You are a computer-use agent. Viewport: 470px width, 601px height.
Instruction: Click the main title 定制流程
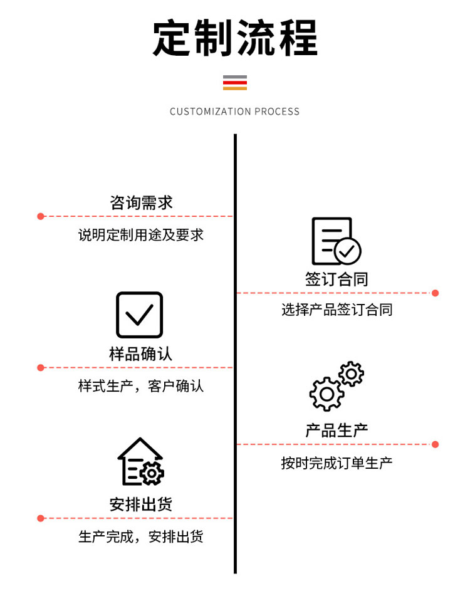click(x=235, y=38)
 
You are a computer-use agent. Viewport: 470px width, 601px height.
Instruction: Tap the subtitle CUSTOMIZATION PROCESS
click(x=234, y=112)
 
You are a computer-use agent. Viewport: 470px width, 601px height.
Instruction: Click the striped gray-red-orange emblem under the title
click(x=235, y=83)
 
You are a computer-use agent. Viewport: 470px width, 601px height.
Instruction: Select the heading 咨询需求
click(x=141, y=203)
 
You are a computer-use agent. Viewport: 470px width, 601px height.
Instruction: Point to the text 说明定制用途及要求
click(x=141, y=235)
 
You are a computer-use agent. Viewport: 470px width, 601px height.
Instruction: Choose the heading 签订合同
click(x=337, y=279)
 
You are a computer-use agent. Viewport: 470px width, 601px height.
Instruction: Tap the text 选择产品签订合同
click(x=337, y=310)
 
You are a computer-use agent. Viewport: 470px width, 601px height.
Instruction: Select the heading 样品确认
click(x=141, y=354)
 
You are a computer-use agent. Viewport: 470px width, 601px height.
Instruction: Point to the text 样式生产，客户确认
click(x=141, y=386)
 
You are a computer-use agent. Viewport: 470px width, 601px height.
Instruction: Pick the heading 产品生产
click(x=337, y=431)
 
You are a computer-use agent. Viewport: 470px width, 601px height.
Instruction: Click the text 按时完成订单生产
click(x=337, y=463)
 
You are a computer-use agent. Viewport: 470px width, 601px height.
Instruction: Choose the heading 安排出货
click(x=141, y=504)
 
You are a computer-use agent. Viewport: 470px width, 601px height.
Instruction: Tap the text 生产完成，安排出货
click(x=141, y=536)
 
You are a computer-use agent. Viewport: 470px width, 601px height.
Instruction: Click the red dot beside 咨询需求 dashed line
click(x=41, y=217)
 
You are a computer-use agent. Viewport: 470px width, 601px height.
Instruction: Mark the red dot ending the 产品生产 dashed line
click(x=435, y=444)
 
